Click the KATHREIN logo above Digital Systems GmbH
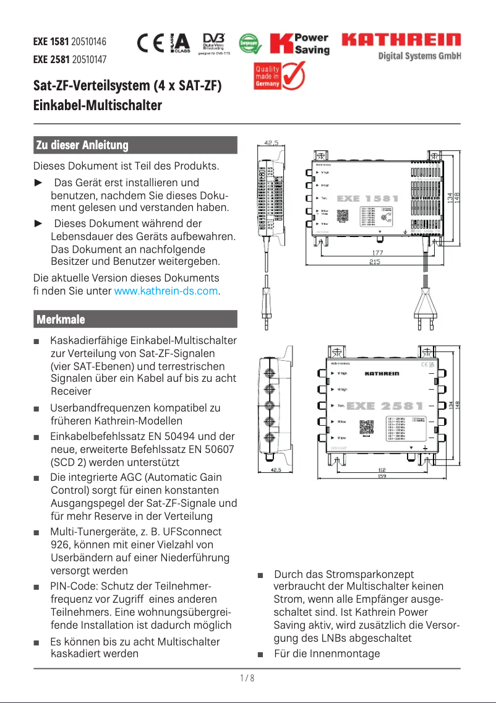[x=401, y=41]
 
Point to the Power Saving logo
[x=299, y=43]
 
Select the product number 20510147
[x=89, y=60]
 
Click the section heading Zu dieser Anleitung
[x=82, y=145]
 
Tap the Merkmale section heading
[x=61, y=319]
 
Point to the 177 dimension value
[x=377, y=252]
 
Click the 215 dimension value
[x=375, y=262]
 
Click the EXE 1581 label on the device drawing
[x=367, y=199]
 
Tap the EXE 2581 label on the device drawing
[x=385, y=406]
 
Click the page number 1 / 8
[x=247, y=678]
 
